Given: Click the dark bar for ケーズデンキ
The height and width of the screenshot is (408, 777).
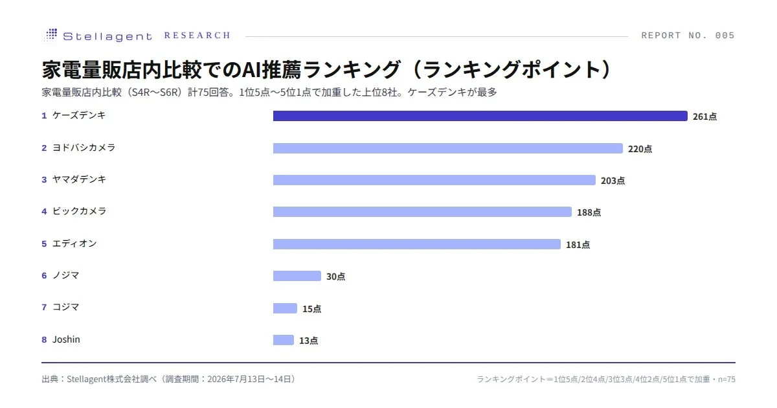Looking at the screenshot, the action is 480,116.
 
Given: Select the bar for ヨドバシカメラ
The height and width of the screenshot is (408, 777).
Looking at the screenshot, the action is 448,148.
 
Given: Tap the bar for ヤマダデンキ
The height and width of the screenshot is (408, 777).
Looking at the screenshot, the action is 434,180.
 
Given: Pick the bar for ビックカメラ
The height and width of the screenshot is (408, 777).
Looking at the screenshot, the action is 422,212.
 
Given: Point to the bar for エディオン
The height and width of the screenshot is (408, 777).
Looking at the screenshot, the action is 416,244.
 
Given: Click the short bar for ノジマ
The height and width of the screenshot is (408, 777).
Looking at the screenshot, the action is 297,276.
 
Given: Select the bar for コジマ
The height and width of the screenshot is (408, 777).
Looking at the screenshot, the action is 285,308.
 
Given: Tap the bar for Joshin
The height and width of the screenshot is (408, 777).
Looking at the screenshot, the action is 284,340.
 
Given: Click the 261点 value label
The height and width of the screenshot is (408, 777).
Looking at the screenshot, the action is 705,117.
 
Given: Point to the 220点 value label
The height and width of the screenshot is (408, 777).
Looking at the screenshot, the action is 640,149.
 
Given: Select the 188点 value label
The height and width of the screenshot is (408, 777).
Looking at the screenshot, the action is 589,212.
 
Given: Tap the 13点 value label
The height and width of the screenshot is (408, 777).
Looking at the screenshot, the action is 308,341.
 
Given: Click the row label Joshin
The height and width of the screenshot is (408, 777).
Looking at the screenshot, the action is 66,339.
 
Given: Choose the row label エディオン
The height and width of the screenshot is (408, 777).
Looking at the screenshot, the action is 74,244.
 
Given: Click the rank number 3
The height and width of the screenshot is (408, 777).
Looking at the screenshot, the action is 44,180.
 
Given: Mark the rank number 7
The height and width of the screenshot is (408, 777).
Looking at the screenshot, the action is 44,308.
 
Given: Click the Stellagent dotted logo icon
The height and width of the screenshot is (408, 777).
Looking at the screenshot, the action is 51,35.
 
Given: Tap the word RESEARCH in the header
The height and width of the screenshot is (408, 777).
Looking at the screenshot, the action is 197,36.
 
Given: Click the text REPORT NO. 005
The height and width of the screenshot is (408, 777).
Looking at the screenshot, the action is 688,36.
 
